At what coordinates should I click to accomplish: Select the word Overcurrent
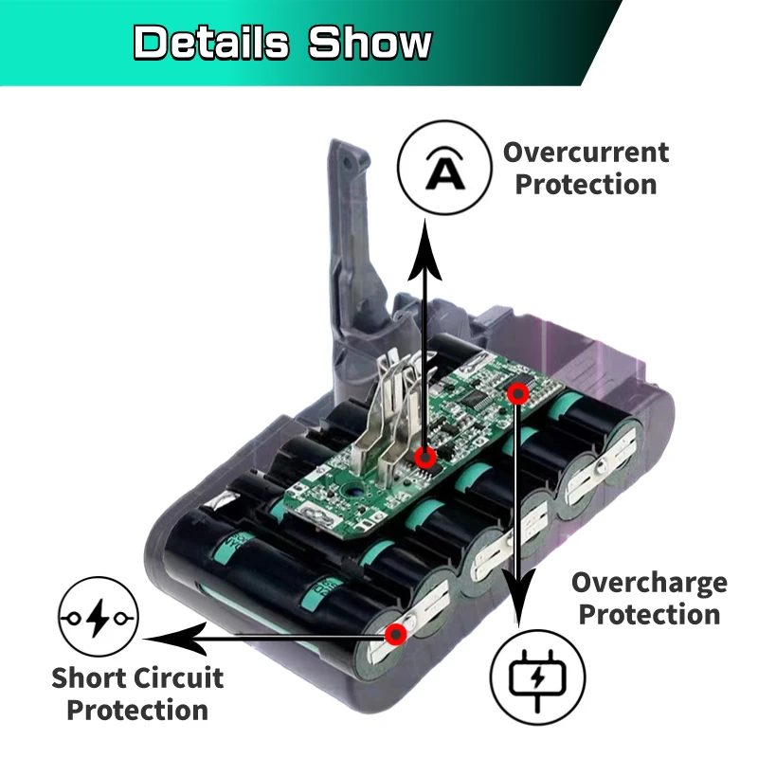(586, 152)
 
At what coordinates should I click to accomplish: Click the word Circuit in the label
(178, 678)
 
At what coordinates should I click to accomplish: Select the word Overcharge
(649, 582)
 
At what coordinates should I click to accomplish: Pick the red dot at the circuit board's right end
(516, 392)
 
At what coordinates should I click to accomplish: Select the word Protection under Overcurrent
(586, 184)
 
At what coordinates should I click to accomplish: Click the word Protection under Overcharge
(649, 614)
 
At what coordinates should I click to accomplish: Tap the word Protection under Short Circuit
(137, 710)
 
